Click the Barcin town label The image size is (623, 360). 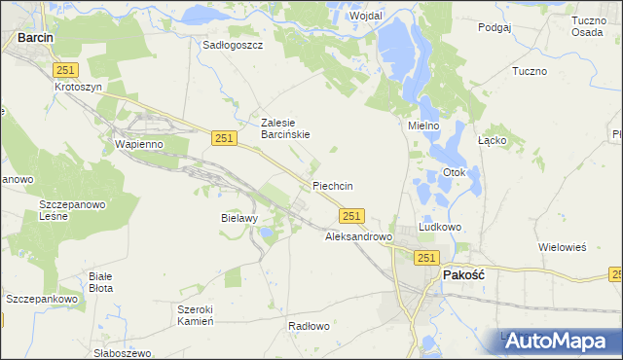point(35,38)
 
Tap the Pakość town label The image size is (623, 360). point(463,275)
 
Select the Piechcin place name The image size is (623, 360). point(332,186)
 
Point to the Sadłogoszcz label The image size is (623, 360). point(233,45)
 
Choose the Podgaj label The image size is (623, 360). point(495,28)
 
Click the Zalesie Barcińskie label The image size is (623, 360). point(285,128)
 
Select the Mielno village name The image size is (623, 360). point(423,126)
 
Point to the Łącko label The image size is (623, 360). point(491,140)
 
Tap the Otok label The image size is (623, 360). point(456,173)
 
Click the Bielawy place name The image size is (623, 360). point(238,218)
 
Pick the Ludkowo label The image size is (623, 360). point(440,227)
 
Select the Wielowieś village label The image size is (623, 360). point(563,247)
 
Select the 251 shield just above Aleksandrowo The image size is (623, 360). point(352,216)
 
